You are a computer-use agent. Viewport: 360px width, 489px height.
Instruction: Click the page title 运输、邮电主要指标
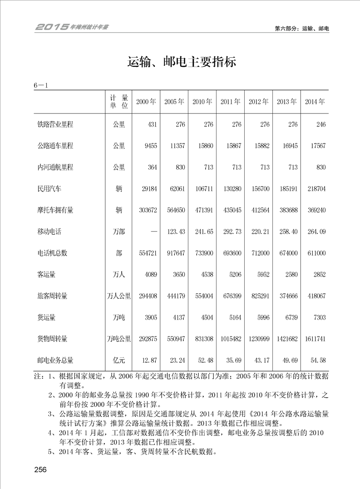click(x=182, y=62)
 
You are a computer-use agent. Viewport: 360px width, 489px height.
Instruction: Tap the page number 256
click(x=40, y=469)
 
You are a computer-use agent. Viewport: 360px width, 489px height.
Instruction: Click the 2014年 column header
click(x=315, y=102)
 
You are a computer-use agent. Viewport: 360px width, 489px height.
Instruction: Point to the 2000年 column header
click(x=146, y=102)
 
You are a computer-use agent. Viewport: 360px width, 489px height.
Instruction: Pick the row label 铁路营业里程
click(x=55, y=124)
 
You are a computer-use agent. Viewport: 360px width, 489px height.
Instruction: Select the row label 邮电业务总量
click(x=55, y=361)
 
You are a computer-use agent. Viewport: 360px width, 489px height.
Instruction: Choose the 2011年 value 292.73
click(x=231, y=232)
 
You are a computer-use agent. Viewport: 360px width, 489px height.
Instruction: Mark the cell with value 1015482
click(x=230, y=339)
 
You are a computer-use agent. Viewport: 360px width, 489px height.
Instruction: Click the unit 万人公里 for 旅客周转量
click(x=119, y=296)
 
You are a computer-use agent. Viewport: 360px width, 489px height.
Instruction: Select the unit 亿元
click(x=119, y=361)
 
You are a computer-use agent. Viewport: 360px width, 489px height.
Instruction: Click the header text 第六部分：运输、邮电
click(x=302, y=28)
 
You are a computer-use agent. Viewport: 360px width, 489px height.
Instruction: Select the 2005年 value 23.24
click(x=175, y=361)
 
